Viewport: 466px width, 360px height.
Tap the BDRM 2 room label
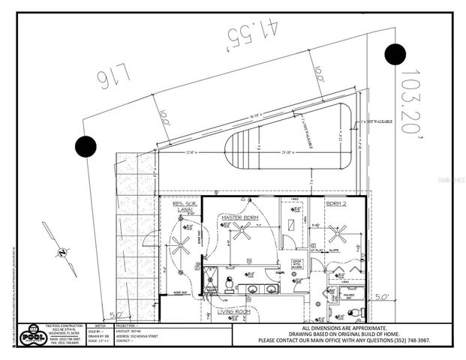(336, 204)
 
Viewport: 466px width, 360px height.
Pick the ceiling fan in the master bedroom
(242, 231)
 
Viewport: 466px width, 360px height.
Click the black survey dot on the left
(86, 146)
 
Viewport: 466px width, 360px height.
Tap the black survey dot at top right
(395, 54)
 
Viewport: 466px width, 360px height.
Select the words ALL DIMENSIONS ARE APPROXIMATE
(344, 328)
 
